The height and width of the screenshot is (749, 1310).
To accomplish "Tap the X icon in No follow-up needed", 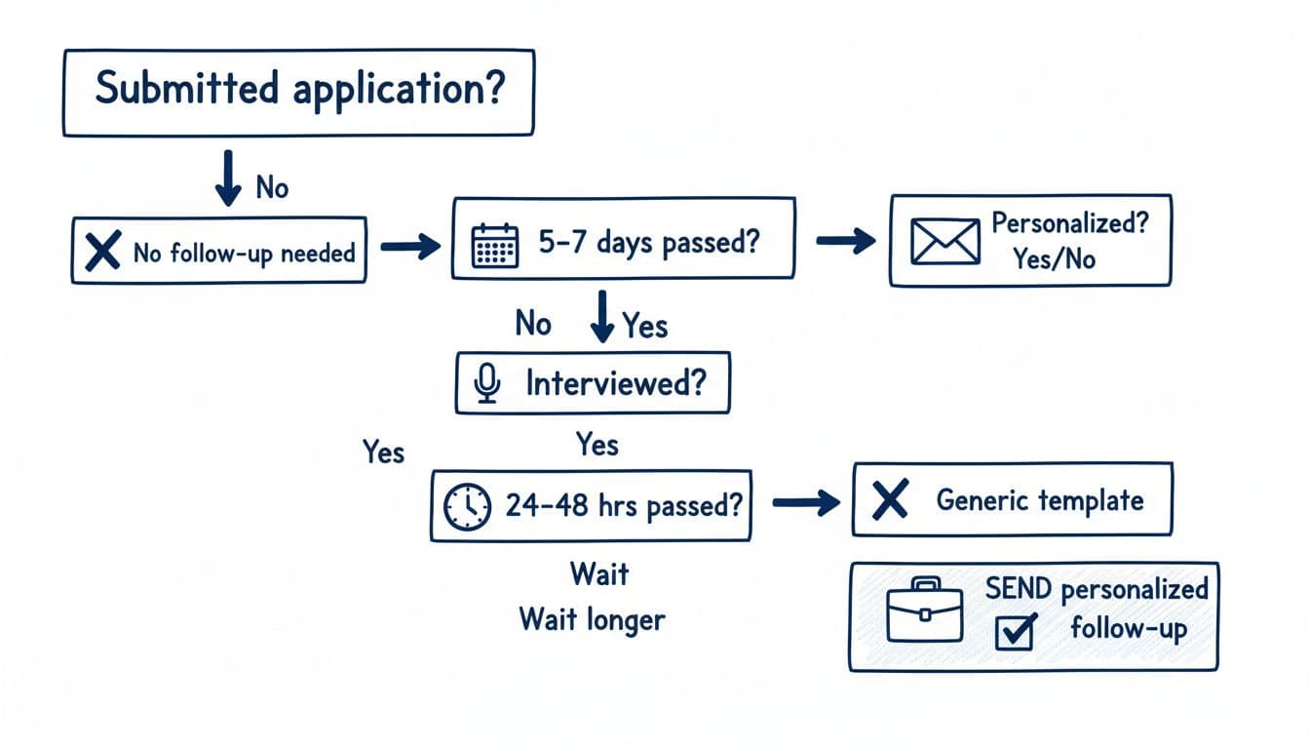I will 101,253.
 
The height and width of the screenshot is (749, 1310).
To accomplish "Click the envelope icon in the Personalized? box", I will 944,241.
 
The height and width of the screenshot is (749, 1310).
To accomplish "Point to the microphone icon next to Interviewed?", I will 487,384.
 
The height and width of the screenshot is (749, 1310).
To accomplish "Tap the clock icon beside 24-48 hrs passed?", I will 466,506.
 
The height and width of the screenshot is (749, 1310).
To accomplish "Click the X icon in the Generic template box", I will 890,501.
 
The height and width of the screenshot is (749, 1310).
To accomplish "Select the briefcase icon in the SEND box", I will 924,611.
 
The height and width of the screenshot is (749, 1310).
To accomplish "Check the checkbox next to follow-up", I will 1014,632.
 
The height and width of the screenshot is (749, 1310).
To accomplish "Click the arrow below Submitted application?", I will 229,177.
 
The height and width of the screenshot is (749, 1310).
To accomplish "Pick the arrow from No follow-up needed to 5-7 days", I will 409,248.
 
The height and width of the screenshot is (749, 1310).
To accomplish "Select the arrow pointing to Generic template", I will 805,503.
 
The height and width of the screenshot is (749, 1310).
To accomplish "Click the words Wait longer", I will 592,618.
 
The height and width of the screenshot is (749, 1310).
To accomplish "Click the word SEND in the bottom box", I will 1019,588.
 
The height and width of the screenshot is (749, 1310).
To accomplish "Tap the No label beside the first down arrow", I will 272,186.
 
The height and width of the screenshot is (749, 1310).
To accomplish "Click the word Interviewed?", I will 614,384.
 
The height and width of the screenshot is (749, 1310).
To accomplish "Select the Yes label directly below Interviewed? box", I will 597,445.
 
